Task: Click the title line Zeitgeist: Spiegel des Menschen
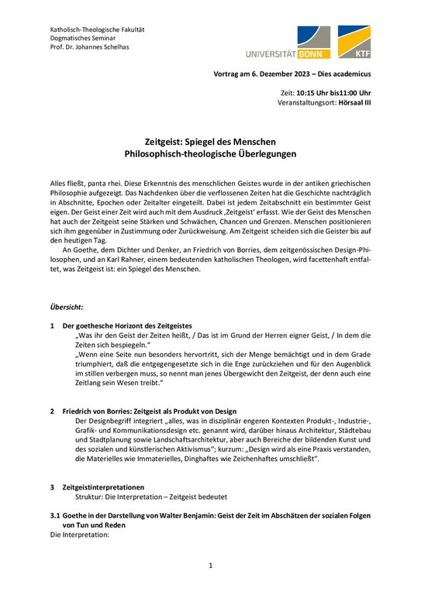click(x=210, y=143)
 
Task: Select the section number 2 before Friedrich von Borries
click(x=52, y=411)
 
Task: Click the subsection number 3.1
click(x=54, y=516)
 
